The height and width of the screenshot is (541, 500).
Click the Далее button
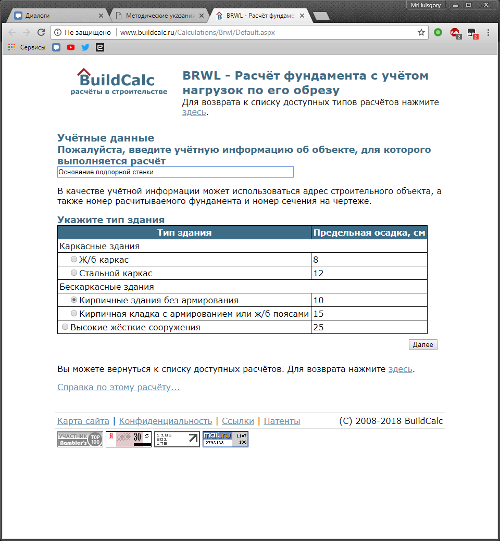pos(423,345)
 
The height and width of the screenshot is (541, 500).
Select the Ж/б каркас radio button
pos(74,259)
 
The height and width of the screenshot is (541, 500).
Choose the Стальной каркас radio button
pos(74,273)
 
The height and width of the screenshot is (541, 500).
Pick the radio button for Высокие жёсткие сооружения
pos(65,327)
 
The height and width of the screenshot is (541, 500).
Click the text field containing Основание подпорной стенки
pos(175,172)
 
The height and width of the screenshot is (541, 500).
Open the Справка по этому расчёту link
pos(118,387)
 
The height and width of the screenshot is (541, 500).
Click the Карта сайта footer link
pos(83,421)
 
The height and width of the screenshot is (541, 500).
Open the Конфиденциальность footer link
pos(166,421)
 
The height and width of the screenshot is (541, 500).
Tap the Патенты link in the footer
pos(282,421)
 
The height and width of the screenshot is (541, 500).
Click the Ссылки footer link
pos(238,421)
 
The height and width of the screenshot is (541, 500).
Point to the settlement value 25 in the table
pos(318,327)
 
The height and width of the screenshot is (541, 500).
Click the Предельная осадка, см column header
pos(369,233)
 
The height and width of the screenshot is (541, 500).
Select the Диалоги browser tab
pos(57,16)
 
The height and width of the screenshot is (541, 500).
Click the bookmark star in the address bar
pos(421,32)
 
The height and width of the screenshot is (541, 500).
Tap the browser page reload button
pos(41,32)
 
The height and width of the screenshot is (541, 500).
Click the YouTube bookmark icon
pos(71,47)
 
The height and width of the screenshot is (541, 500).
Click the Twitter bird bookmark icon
pos(85,47)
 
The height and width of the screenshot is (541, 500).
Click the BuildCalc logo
pos(119,82)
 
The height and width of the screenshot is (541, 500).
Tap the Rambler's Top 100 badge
pos(80,439)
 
